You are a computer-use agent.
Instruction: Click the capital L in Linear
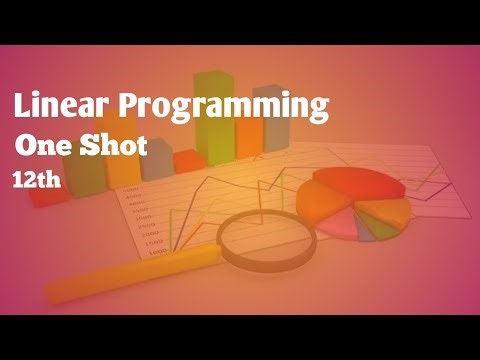click(x=21, y=104)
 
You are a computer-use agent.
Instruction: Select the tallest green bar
click(x=211, y=120)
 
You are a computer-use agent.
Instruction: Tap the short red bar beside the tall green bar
click(x=186, y=162)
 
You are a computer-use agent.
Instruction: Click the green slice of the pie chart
click(x=368, y=229)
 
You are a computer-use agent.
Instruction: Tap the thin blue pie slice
click(x=384, y=227)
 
